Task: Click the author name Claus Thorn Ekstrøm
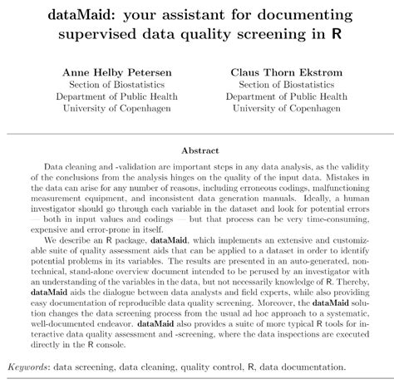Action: click(x=285, y=72)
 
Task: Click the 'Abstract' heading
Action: click(x=197, y=150)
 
